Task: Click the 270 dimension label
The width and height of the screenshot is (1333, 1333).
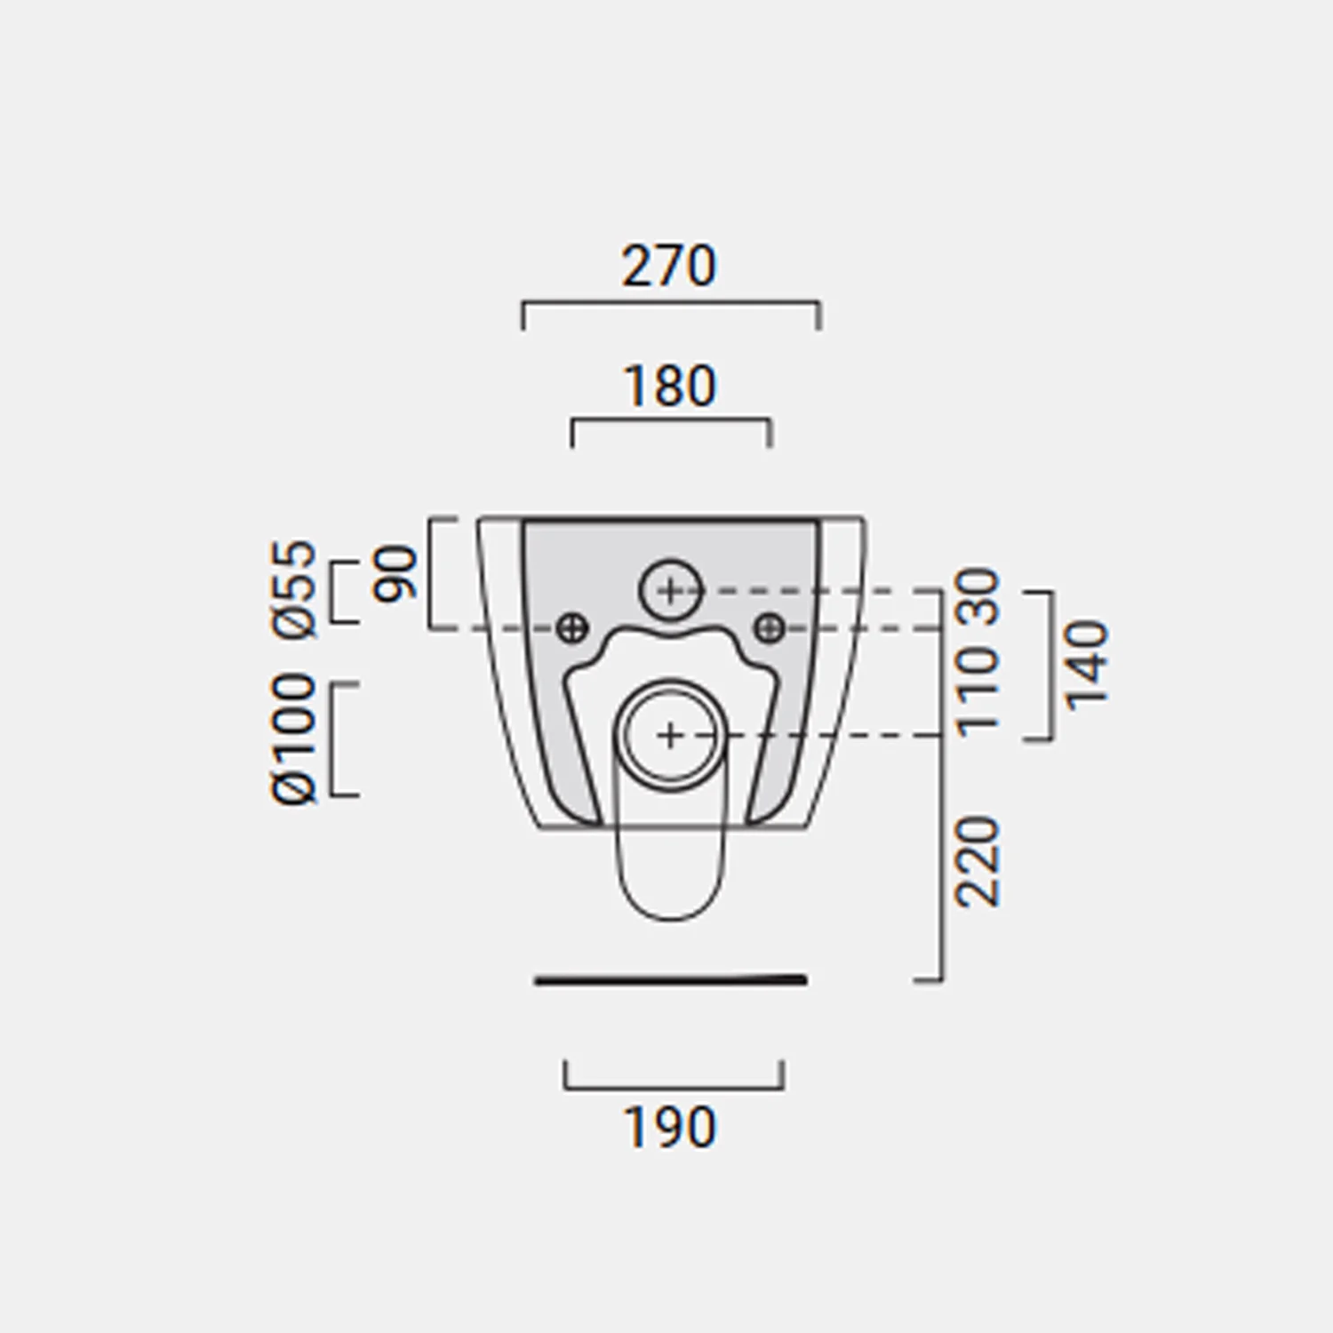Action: (668, 266)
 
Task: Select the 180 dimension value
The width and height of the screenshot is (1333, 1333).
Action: (669, 386)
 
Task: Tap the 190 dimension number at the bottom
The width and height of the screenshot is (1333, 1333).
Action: (669, 1127)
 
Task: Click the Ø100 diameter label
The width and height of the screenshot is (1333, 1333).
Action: (294, 738)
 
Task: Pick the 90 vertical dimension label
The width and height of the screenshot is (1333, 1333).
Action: (394, 574)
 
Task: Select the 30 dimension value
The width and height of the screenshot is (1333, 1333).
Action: (978, 595)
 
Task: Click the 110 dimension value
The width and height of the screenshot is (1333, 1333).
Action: (978, 691)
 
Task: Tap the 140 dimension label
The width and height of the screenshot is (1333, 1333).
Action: (1087, 666)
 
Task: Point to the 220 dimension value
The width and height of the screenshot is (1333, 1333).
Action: (978, 861)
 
